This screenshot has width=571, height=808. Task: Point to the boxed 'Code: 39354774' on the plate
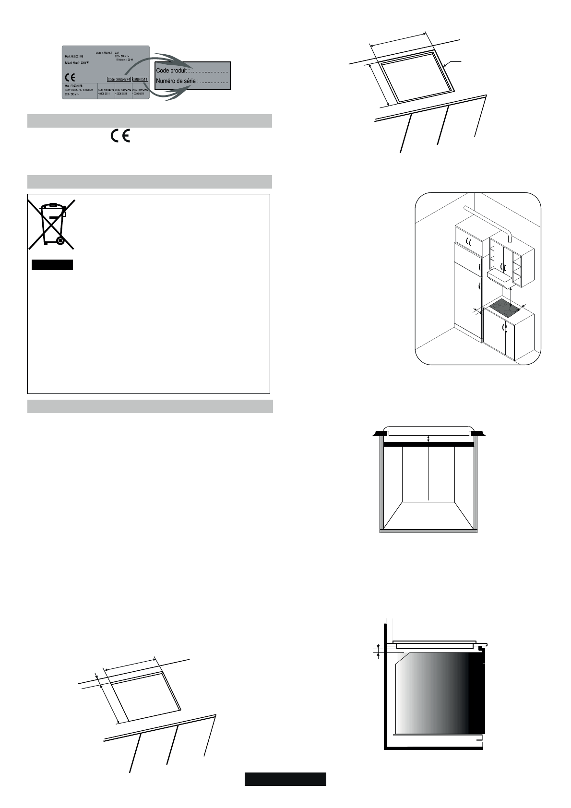click(119, 79)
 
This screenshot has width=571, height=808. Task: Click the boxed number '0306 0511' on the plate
click(141, 79)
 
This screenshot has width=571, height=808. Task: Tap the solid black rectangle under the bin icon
click(52, 265)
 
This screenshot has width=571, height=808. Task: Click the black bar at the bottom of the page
click(285, 779)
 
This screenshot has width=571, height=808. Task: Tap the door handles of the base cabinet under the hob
click(503, 328)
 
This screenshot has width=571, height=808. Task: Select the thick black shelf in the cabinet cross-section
click(428, 445)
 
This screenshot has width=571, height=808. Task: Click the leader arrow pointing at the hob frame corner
click(450, 63)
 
